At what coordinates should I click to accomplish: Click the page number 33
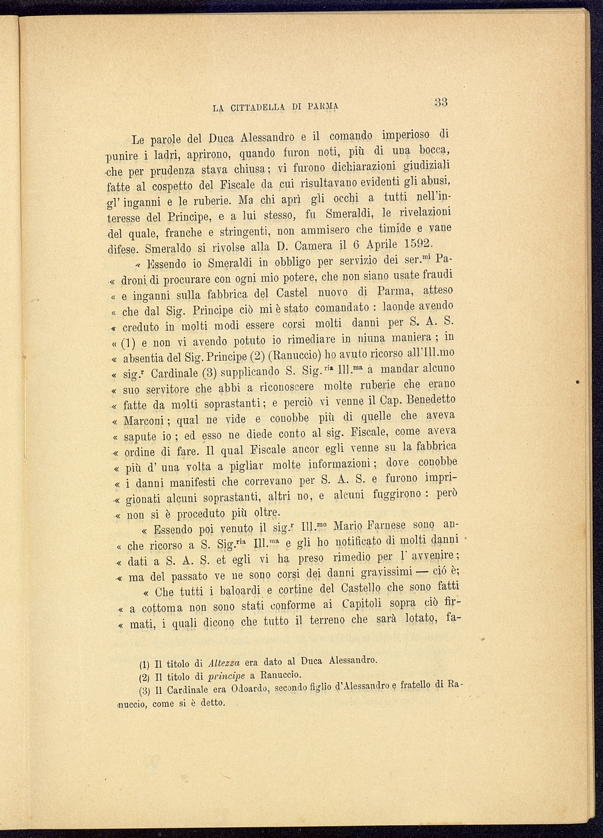tap(441, 103)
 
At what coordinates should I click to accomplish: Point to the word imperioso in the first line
tap(400, 136)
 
